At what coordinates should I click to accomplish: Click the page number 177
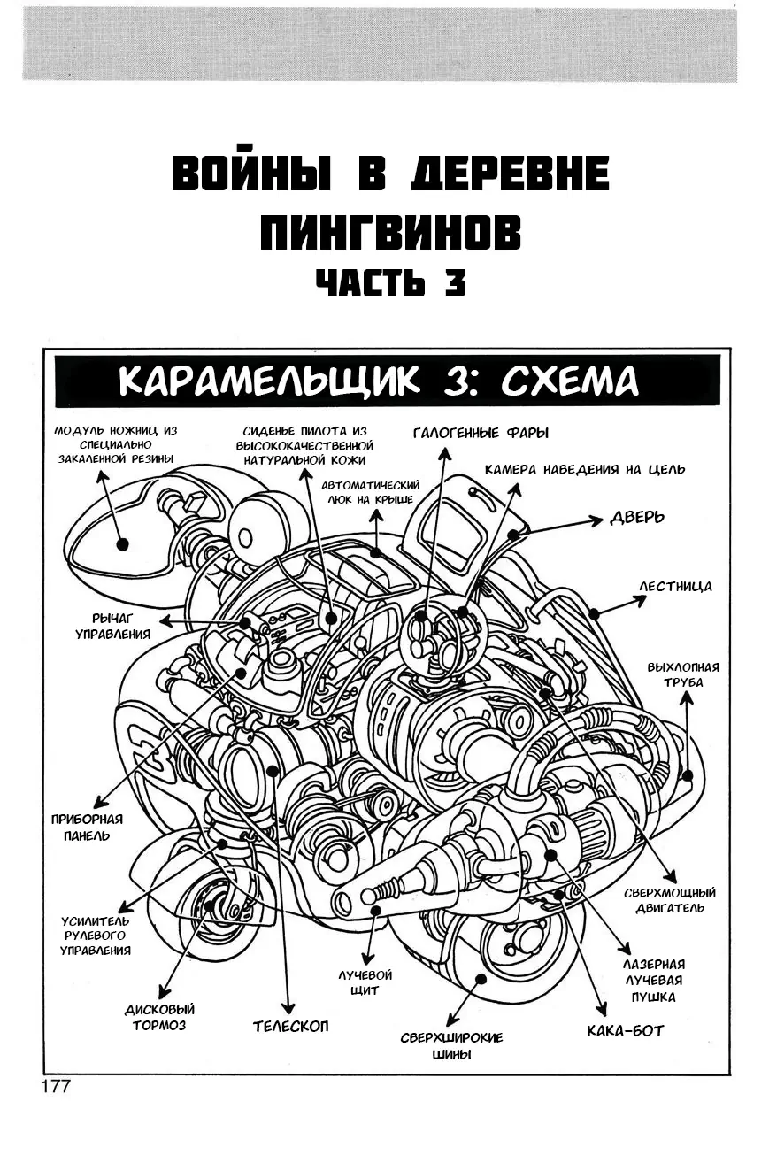click(54, 1086)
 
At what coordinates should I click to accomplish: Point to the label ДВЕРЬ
click(636, 517)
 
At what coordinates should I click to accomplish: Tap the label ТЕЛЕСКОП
click(290, 1027)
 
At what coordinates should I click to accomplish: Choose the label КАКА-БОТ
click(625, 1030)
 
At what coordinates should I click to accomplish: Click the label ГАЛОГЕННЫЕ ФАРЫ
click(481, 433)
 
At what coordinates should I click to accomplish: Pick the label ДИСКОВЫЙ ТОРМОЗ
click(159, 1017)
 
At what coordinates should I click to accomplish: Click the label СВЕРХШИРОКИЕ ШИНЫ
click(451, 1045)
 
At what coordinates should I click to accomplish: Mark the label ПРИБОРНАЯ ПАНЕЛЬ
click(87, 828)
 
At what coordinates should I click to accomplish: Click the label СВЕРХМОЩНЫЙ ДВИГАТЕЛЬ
click(670, 900)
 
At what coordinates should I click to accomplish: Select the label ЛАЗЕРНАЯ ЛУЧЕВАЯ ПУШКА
click(654, 980)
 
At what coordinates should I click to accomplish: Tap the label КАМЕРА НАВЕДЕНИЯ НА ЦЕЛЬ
click(584, 469)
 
